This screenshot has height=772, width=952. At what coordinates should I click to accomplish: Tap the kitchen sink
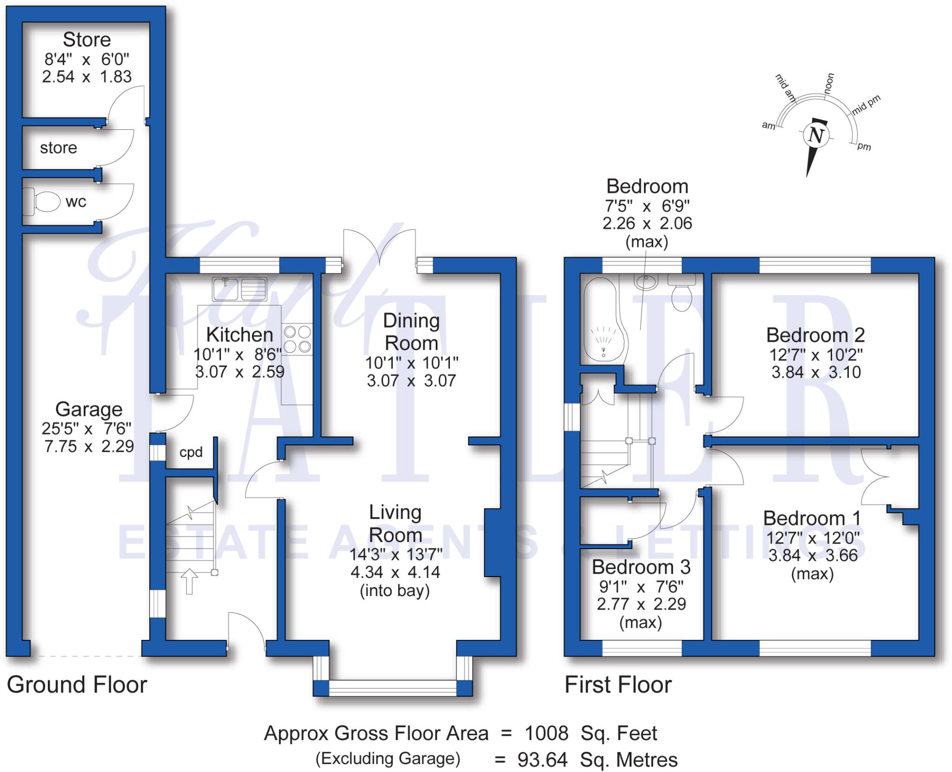[x=240, y=289]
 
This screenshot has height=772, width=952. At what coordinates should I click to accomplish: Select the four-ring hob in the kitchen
[x=297, y=339]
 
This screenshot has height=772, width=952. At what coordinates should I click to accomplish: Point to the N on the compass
[x=816, y=135]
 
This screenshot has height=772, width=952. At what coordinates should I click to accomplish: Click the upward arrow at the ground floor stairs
[x=189, y=581]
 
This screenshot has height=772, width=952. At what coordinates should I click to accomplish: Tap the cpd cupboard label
[x=191, y=452]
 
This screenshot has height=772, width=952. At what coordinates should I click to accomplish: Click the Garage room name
[x=89, y=409]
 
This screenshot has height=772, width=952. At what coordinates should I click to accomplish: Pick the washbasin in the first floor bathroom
[x=646, y=282]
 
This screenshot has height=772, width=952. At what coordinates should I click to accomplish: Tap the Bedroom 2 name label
[x=815, y=335]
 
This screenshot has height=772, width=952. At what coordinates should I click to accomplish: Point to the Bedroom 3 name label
[x=641, y=567]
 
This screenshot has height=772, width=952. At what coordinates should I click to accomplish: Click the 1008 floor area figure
[x=546, y=733]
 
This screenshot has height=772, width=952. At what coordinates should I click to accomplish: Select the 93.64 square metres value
[x=542, y=760]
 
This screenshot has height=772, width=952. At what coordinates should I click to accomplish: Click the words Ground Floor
[x=77, y=685]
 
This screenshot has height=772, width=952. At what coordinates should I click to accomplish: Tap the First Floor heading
[x=618, y=685]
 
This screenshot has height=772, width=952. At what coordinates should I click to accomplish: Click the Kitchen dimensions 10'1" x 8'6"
[x=238, y=355]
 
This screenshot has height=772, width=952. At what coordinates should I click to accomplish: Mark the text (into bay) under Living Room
[x=395, y=591]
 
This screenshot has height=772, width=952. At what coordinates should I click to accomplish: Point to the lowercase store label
[x=59, y=148]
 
